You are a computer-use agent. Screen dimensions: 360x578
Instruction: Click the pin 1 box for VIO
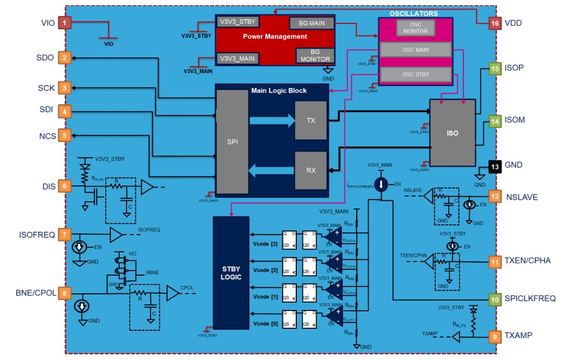65,23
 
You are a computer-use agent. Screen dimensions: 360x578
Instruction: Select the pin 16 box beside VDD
495,23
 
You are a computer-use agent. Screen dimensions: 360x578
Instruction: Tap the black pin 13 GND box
495,165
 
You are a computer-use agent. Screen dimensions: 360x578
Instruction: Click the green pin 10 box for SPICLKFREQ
495,299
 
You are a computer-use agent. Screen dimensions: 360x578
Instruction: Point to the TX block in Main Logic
311,120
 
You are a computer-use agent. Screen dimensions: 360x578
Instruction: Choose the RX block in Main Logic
311,170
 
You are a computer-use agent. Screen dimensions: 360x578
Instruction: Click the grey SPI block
232,141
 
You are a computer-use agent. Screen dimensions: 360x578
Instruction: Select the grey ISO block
453,133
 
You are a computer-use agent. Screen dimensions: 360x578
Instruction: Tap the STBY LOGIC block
231,272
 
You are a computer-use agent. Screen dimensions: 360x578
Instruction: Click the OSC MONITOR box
415,28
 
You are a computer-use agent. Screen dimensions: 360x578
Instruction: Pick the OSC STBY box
415,75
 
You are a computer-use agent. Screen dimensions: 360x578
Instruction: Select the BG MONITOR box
315,55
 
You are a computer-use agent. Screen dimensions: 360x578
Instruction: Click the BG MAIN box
311,23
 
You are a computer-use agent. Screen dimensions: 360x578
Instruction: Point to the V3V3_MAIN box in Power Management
237,58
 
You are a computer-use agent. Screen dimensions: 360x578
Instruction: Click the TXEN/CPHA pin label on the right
527,260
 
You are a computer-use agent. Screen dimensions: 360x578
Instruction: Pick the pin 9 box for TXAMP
495,336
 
